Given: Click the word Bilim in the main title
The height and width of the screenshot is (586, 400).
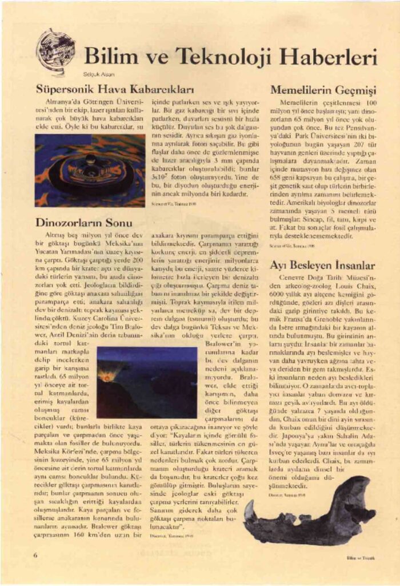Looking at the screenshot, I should coord(109,57).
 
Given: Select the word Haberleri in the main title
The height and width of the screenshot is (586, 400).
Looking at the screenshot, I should coord(323,57).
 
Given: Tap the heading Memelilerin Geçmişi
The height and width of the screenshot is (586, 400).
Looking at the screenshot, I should coord(323,90).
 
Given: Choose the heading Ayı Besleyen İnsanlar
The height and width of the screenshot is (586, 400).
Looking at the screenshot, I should coord(322,266).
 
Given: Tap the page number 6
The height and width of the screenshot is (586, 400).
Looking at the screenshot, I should coord(35,555).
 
